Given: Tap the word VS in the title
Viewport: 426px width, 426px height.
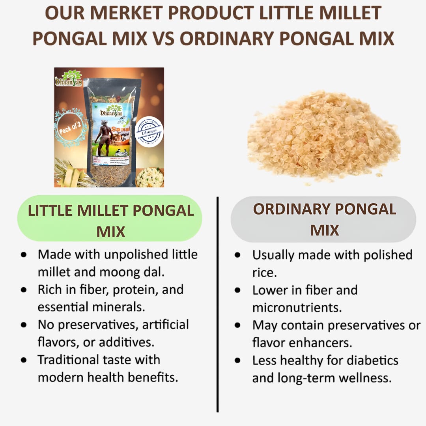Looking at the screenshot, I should click(164, 39).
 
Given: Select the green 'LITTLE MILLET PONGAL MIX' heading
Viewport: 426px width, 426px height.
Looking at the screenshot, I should click(110, 218).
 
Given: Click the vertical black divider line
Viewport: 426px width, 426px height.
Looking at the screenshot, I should click(217, 304).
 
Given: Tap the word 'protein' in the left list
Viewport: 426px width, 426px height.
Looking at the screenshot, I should click(135, 290).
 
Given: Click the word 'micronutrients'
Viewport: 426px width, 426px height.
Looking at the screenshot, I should click(297, 307).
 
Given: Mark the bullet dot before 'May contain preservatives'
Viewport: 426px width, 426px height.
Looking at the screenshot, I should click(237, 325).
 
